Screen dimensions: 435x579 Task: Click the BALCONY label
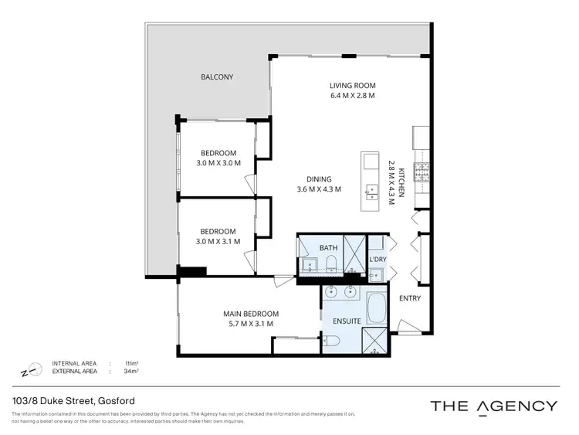click(x=217, y=77)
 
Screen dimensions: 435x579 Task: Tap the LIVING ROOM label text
click(x=351, y=86)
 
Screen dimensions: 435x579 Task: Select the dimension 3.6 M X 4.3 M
click(x=319, y=189)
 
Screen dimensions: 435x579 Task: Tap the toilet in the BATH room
click(x=330, y=265)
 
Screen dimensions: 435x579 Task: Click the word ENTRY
click(x=409, y=299)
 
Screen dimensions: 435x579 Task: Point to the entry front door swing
click(x=407, y=328)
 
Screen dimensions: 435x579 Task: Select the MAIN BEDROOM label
click(x=251, y=314)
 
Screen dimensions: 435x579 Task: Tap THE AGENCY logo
click(x=493, y=406)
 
